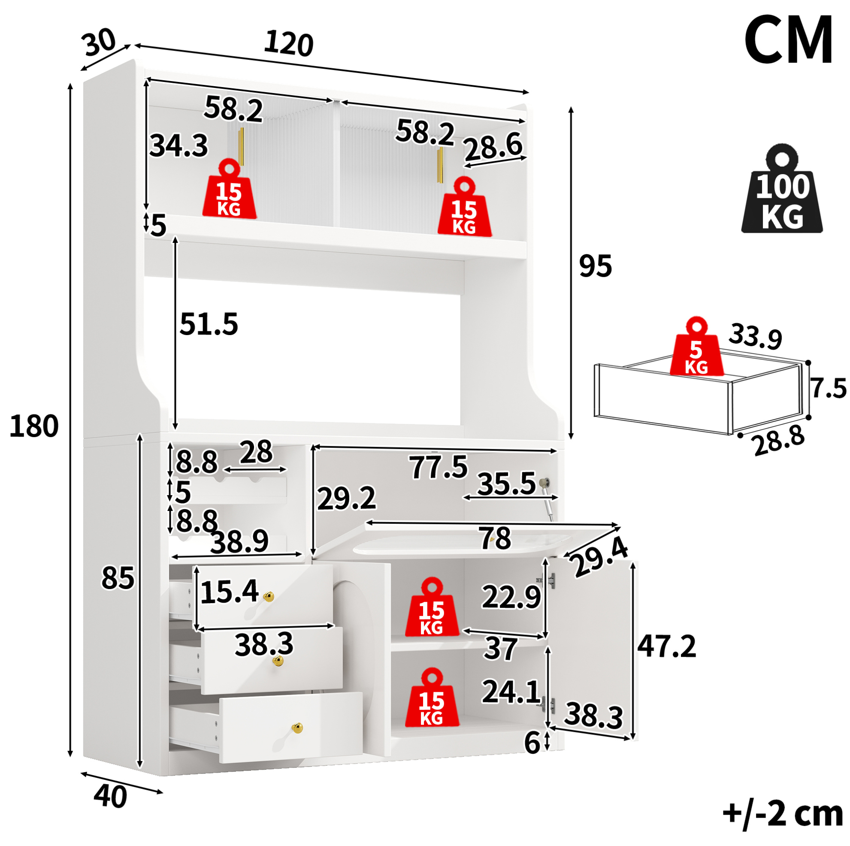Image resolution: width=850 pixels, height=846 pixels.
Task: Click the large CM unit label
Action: [788, 40]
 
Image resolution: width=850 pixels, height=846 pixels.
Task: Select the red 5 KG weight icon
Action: [696, 346]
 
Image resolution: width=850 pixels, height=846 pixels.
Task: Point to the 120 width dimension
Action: [289, 44]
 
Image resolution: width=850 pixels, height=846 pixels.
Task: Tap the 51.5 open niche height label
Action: [209, 324]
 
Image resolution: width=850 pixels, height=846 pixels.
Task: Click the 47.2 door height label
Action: [666, 646]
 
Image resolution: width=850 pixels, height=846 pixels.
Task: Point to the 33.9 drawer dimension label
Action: [756, 336]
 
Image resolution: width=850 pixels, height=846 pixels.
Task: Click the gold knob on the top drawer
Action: [268, 597]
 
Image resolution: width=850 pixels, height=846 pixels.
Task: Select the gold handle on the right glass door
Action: [440, 165]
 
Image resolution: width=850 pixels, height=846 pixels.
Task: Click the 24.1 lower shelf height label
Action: [511, 692]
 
